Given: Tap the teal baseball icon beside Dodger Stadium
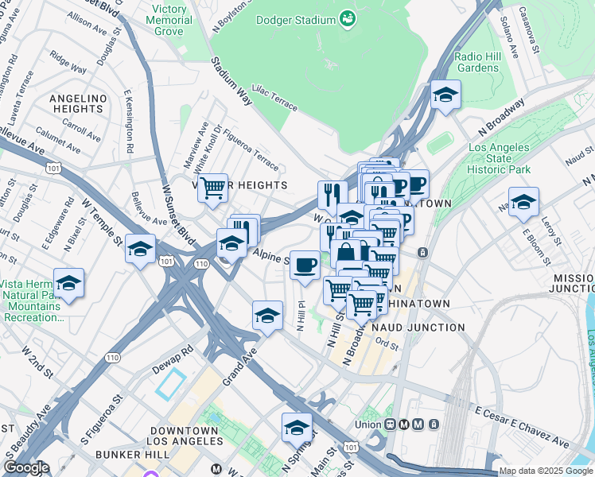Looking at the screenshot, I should pos(347,17).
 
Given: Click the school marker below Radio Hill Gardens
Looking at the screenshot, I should pos(446,96).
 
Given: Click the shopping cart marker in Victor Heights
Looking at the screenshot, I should pos(212,189).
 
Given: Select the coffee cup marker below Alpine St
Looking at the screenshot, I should pos(305,266).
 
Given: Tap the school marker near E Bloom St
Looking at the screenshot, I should pos(523,202).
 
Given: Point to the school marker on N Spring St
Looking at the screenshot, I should pos(297,428).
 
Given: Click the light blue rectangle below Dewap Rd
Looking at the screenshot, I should pos(170,384).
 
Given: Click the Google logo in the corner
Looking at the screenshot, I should pos(26,468).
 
